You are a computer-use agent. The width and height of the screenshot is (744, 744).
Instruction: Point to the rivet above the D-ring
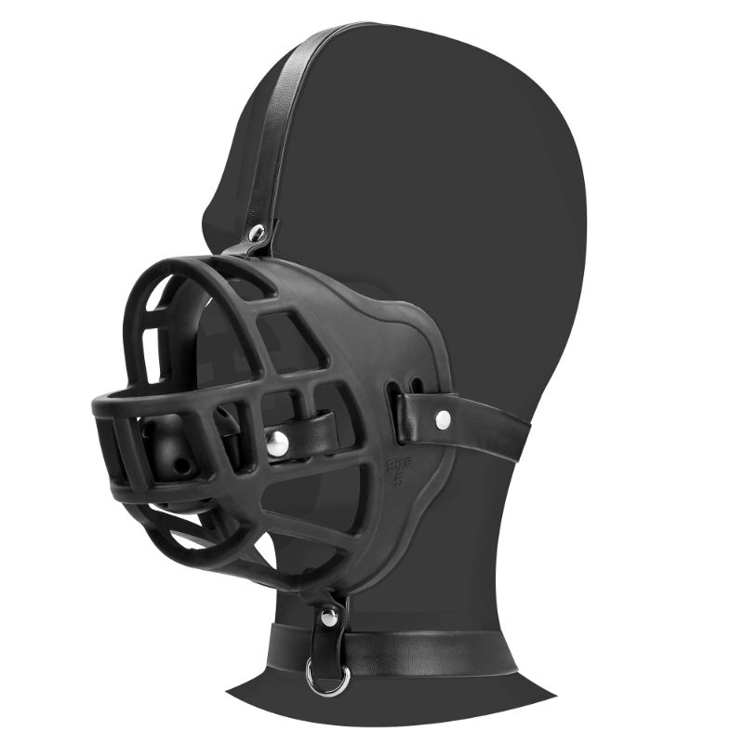coord(326,616)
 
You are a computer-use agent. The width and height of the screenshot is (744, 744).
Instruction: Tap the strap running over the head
coord(288,112)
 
